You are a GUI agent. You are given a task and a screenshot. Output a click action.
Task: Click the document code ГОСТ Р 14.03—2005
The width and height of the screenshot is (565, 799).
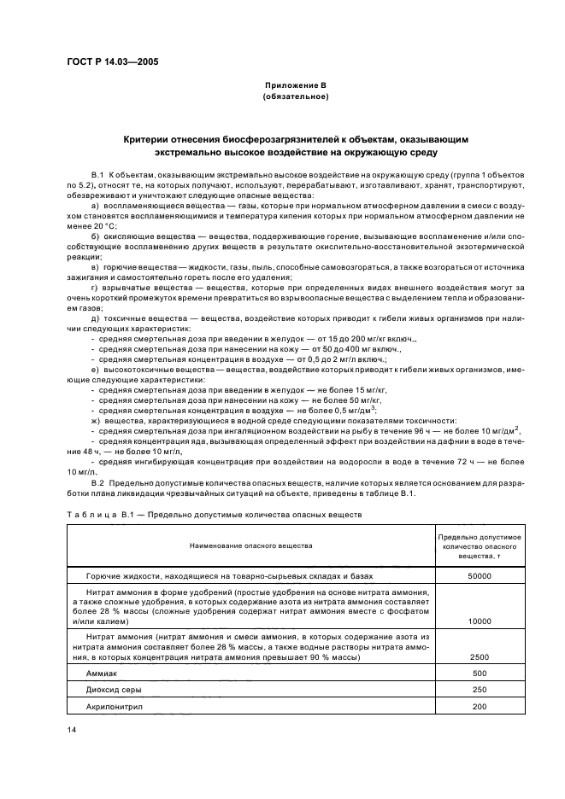111,61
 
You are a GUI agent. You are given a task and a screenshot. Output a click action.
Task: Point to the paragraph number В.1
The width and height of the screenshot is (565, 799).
98,174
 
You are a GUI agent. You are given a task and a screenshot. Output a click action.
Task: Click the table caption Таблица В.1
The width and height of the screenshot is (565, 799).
94,516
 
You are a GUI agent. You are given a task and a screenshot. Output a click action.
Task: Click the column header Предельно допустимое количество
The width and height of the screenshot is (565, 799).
480,544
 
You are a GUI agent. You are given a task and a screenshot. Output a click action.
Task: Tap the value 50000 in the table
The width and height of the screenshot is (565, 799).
480,577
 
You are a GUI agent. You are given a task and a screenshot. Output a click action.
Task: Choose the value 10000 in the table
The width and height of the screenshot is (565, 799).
480,622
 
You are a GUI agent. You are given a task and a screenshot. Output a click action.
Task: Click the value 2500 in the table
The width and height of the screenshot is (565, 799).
480,657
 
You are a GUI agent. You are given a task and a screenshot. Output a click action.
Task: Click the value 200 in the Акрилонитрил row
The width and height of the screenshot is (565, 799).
480,707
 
